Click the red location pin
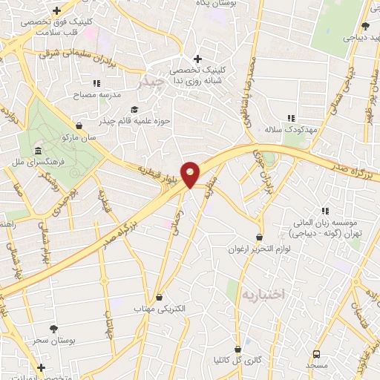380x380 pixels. pos(191,173)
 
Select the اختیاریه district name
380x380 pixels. pos(260,295)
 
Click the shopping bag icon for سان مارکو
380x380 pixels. pos(79,125)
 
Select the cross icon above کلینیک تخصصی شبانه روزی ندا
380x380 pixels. pos(197,59)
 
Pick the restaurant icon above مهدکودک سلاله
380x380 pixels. pos(291,117)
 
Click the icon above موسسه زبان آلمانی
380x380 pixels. pos(325,210)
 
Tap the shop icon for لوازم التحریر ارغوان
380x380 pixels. pos(259,237)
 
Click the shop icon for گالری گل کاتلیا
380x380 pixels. pos(237,347)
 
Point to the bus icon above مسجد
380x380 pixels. pos(317,354)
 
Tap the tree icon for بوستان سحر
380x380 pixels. pos(53,328)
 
